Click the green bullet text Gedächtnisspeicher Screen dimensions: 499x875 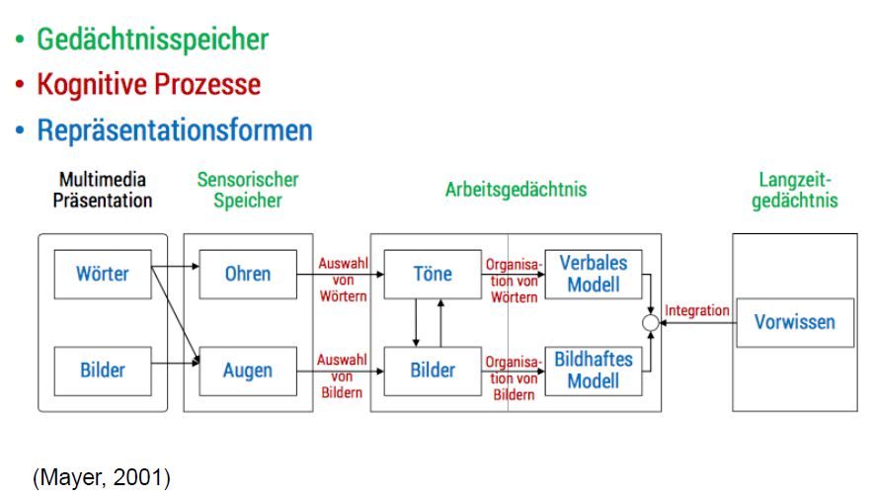click(x=152, y=40)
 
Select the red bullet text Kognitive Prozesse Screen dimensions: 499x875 click(x=148, y=85)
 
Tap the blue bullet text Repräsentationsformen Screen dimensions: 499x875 click(x=174, y=130)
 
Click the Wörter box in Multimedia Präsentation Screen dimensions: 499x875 click(x=103, y=274)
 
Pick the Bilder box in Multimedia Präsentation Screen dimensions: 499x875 click(x=103, y=371)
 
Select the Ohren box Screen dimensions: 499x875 click(x=247, y=274)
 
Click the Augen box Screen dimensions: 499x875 click(x=247, y=372)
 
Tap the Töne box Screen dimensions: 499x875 click(x=433, y=274)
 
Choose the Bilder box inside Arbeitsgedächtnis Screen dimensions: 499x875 click(x=433, y=371)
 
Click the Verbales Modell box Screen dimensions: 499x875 click(x=594, y=274)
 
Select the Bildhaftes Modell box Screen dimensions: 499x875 click(x=594, y=371)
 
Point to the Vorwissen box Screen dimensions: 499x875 click(x=794, y=322)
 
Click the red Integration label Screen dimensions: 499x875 click(x=697, y=310)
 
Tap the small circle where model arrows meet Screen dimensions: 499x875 click(x=650, y=323)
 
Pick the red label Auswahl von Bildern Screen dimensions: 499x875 click(x=342, y=376)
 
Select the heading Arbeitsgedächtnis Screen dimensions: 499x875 click(x=516, y=189)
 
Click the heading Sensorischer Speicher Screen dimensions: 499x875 click(x=247, y=190)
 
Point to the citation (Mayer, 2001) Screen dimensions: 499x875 click(x=102, y=478)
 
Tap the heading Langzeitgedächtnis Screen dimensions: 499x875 click(x=794, y=190)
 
